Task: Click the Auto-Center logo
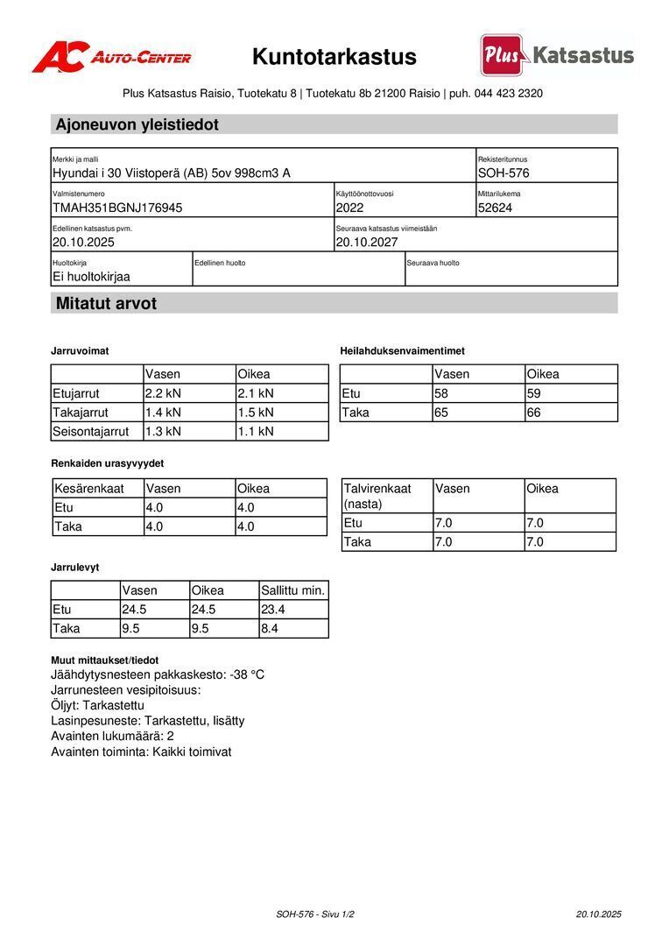click(111, 58)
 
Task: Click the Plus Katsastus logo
click(557, 56)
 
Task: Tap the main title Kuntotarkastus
click(334, 58)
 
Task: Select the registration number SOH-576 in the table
click(504, 173)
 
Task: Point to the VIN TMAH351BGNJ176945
click(117, 208)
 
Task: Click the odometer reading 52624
click(496, 208)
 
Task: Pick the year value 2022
click(349, 208)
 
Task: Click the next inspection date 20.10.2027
click(367, 242)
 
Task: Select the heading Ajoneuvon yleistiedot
click(137, 124)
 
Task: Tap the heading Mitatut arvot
click(106, 304)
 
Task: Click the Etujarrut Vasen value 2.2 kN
click(163, 393)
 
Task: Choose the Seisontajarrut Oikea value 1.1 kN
click(256, 431)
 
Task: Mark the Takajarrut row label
click(81, 413)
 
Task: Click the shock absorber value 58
click(441, 393)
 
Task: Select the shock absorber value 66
click(534, 413)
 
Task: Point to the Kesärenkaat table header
click(89, 489)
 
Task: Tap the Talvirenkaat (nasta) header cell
click(377, 496)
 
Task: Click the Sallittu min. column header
click(293, 590)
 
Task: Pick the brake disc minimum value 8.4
click(271, 628)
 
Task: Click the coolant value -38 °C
click(247, 674)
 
